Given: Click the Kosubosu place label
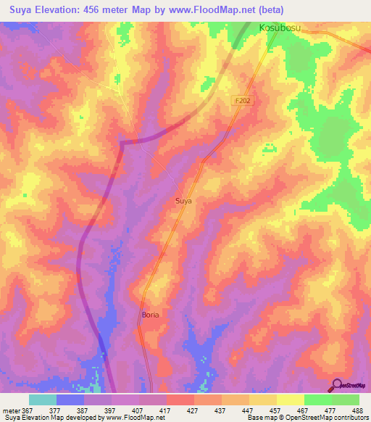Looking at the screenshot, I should pyautogui.click(x=280, y=28).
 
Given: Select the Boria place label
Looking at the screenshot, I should pyautogui.click(x=150, y=315).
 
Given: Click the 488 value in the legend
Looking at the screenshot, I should pyautogui.click(x=358, y=410).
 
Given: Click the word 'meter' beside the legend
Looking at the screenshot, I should pyautogui.click(x=10, y=410).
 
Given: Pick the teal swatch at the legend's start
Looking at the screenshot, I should pyautogui.click(x=43, y=400).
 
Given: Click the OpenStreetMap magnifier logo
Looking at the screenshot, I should pyautogui.click(x=338, y=384).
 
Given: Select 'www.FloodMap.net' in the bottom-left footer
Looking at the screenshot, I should pyautogui.click(x=130, y=418).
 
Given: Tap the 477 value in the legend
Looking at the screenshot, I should pyautogui.click(x=330, y=410).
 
